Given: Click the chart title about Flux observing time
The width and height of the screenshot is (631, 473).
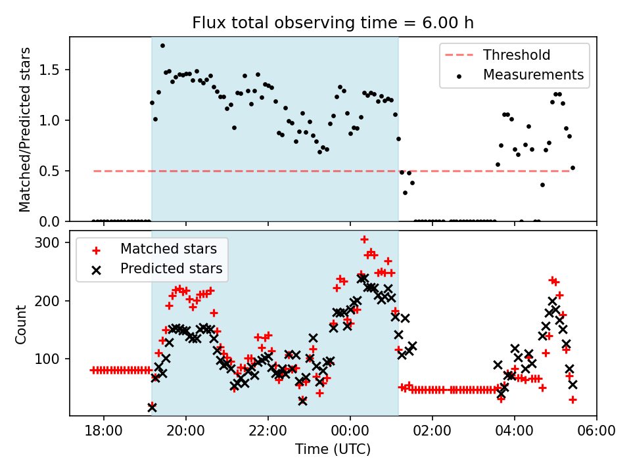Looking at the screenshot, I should [x=333, y=23].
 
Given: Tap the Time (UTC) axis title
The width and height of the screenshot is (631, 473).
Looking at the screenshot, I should [x=333, y=449].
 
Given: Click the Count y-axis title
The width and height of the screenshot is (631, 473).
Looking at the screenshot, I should [x=22, y=324].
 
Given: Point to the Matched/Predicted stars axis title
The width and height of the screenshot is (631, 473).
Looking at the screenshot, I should [x=25, y=129].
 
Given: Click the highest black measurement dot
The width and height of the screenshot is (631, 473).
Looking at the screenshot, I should [x=162, y=46].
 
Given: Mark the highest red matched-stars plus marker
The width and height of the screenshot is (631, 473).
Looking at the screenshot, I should [x=364, y=240].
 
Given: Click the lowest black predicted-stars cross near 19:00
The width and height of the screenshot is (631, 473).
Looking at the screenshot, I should [x=152, y=407].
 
